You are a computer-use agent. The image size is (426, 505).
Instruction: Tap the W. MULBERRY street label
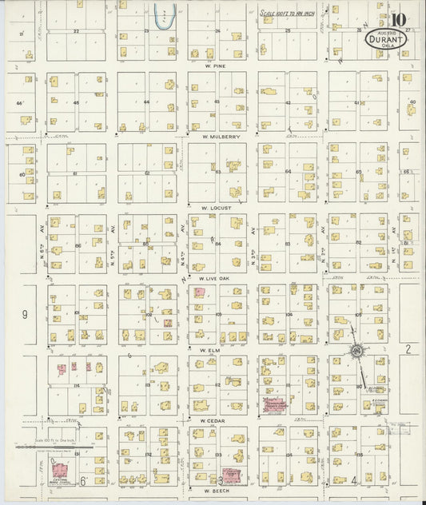[221, 137]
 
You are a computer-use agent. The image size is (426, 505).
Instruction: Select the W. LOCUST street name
[216, 207]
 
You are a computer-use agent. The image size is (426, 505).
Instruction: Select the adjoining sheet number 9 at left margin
[24, 315]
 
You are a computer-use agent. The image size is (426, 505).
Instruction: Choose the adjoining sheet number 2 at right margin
[407, 349]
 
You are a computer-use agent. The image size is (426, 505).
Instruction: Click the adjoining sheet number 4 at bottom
[353, 480]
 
